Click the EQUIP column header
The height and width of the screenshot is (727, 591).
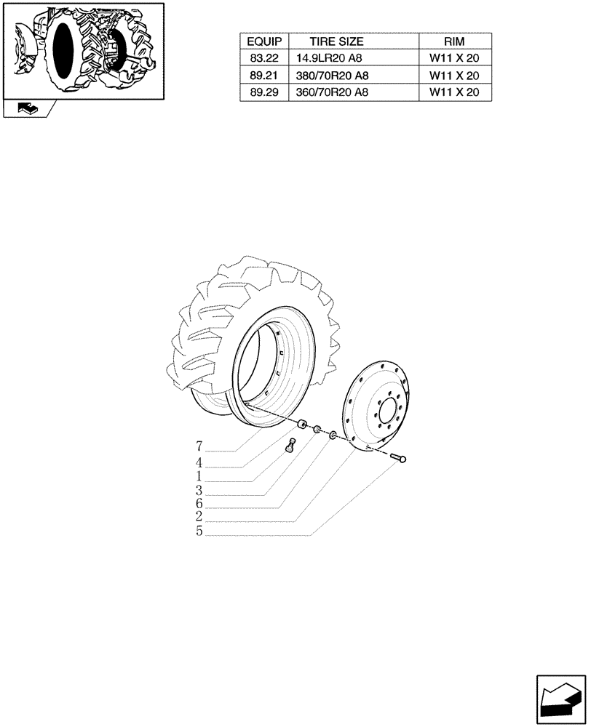pos(265,42)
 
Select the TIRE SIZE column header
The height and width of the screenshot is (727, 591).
pos(336,42)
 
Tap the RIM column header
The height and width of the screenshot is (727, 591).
pos(454,42)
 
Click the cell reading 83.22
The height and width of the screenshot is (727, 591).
pos(265,59)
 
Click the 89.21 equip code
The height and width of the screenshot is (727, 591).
pos(265,76)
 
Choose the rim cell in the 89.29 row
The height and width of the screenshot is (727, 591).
pos(454,92)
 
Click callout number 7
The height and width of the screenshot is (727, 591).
pos(199,446)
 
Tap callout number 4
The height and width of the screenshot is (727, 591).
pos(199,462)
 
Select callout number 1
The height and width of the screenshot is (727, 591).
pos(199,475)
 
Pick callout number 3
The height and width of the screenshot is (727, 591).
pos(199,490)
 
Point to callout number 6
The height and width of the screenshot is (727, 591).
pos(199,504)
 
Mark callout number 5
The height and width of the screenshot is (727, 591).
pos(199,531)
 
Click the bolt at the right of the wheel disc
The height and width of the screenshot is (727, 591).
pos(400,458)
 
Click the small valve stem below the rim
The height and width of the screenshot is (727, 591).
pos(292,446)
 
